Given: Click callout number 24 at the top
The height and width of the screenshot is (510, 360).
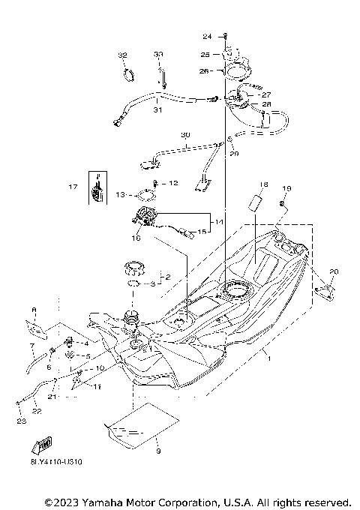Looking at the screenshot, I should tap(207, 36).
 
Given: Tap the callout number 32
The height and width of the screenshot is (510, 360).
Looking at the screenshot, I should tap(123, 55).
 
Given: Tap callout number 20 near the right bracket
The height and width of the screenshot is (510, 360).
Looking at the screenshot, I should tap(334, 271).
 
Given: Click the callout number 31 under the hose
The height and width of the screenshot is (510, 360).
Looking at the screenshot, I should tap(157, 110).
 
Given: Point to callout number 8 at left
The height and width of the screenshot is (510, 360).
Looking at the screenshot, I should tap(33, 309).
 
